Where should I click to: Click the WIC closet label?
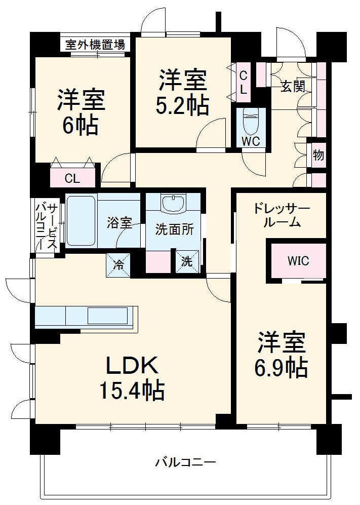298,261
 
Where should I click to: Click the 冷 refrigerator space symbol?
118,265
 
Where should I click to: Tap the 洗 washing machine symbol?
187,262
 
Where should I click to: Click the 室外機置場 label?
95,45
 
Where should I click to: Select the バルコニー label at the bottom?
186,462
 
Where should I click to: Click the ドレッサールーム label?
282,215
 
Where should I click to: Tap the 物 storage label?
318,155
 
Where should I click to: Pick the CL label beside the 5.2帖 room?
243,83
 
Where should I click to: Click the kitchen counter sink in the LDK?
107,316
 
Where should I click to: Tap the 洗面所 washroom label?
174,229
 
